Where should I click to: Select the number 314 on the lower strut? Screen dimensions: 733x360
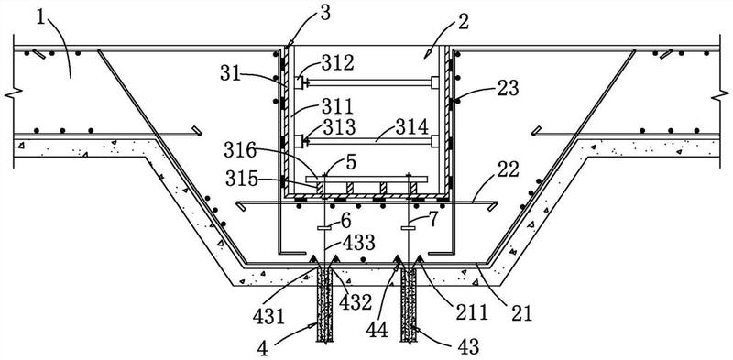[x=411, y=126]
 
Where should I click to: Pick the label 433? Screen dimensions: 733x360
[x=358, y=242]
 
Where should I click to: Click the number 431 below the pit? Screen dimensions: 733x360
[x=268, y=318]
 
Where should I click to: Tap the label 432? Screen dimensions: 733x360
[x=356, y=302]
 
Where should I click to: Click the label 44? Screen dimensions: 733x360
[x=377, y=330]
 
